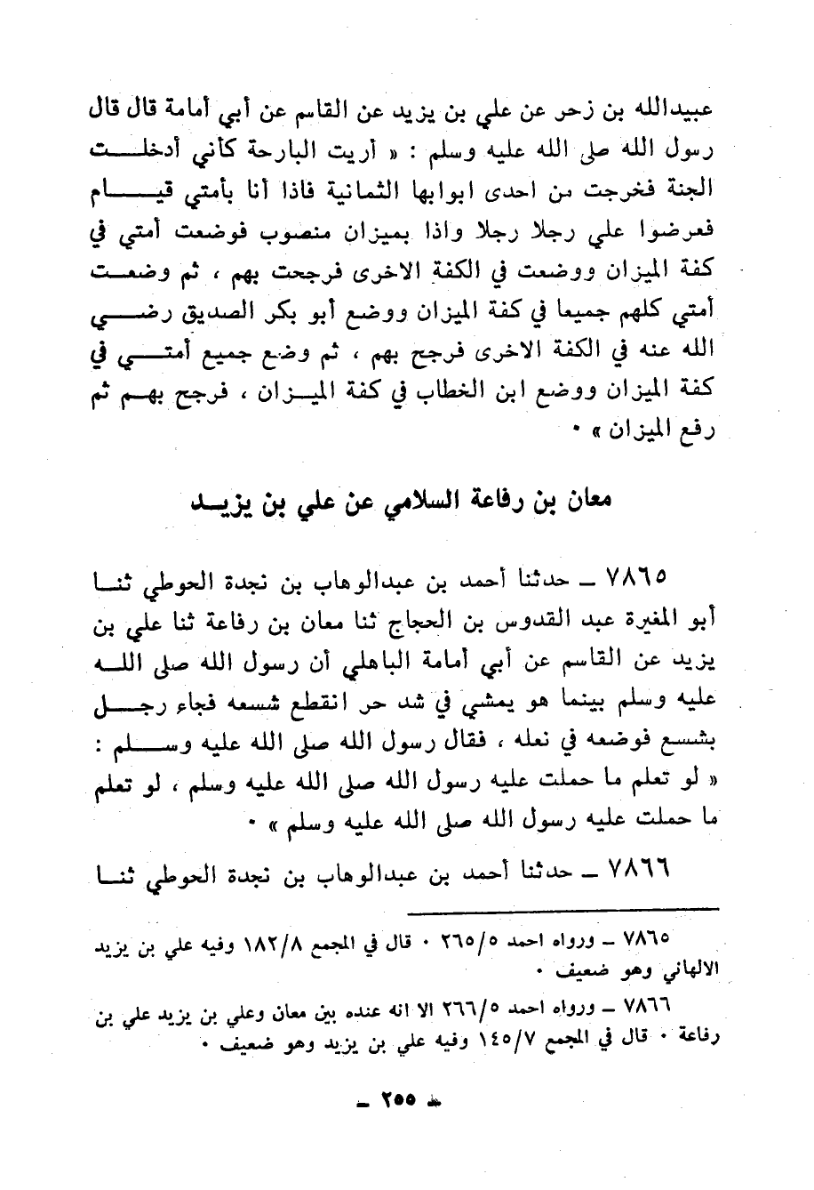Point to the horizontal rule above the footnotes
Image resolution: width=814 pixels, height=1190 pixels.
[562, 908]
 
